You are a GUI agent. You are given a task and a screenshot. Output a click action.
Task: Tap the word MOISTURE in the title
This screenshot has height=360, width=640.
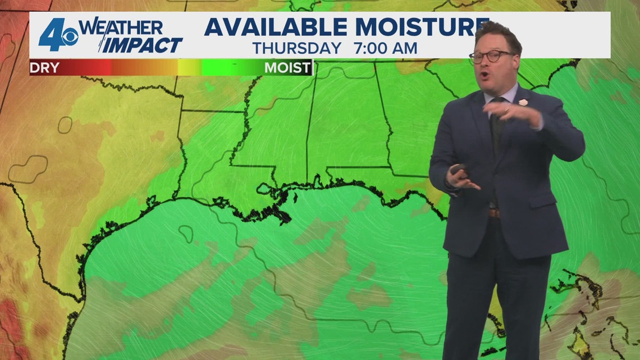[x=415, y=26]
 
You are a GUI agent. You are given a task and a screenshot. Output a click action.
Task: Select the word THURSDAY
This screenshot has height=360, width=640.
[x=297, y=48]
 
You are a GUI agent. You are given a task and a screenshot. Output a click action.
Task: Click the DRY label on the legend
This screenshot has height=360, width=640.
[x=44, y=68]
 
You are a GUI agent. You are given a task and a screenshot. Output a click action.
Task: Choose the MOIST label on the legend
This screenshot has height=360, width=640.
[x=287, y=68]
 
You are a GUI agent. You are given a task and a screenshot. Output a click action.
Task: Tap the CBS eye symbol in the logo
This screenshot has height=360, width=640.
[x=70, y=38]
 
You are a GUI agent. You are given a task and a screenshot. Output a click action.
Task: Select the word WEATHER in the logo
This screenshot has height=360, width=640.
[x=120, y=27]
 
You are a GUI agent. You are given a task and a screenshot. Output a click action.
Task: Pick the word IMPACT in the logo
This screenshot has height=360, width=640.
[x=143, y=45]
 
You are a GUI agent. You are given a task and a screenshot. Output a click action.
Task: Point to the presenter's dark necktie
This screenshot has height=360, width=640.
[x=496, y=129]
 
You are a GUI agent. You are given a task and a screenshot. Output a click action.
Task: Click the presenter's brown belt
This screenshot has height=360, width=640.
[x=493, y=213]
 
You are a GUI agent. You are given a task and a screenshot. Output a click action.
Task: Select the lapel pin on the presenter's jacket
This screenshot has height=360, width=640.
[x=523, y=103]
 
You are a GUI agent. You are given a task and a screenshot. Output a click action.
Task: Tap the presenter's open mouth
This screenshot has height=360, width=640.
[x=484, y=73]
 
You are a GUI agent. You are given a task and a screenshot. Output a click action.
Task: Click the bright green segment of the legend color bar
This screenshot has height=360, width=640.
[x=230, y=68]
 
